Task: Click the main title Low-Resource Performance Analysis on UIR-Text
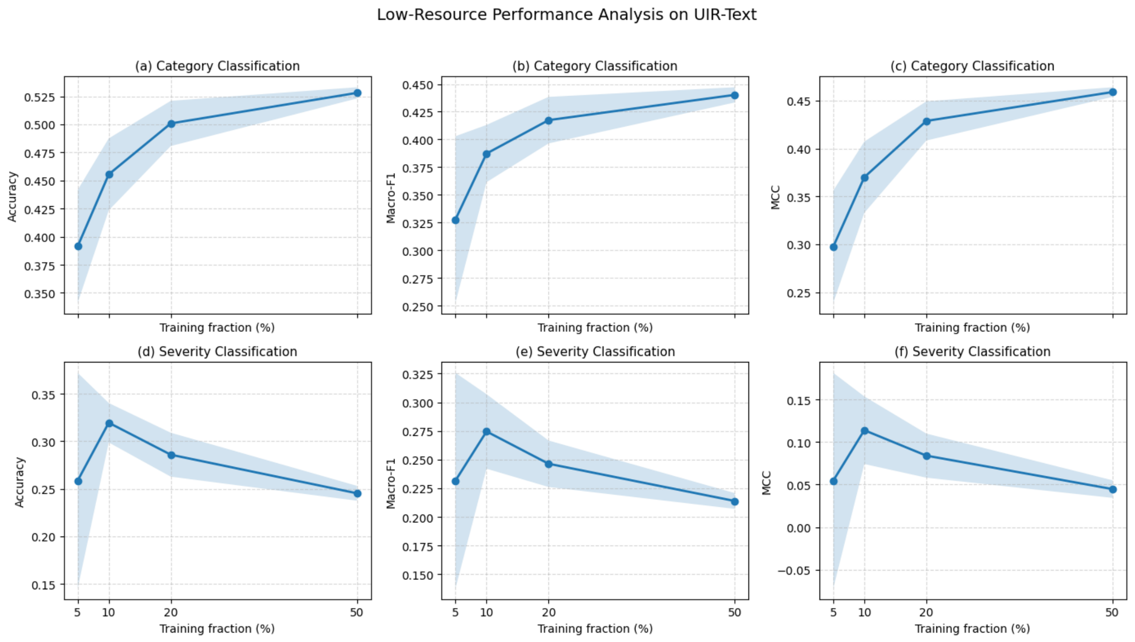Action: pos(567,15)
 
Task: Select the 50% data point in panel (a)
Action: pos(357,93)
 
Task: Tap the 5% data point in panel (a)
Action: pos(78,246)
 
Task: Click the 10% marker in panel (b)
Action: pos(487,154)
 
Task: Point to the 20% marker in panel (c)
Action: pos(926,121)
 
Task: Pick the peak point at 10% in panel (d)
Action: pos(109,424)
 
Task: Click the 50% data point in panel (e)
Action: pos(735,501)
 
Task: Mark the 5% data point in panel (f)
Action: pos(834,481)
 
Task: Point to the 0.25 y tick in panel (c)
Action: pos(798,293)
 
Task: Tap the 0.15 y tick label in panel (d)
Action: pos(43,585)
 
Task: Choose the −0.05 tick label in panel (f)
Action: pos(794,571)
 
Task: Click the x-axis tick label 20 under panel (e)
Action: pos(549,613)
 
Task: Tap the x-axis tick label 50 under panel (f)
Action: pos(1112,613)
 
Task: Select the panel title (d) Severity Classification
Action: pos(217,352)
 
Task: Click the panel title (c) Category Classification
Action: pos(972,67)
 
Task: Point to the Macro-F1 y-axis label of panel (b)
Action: pos(391,198)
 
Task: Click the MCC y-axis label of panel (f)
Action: pos(767,483)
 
